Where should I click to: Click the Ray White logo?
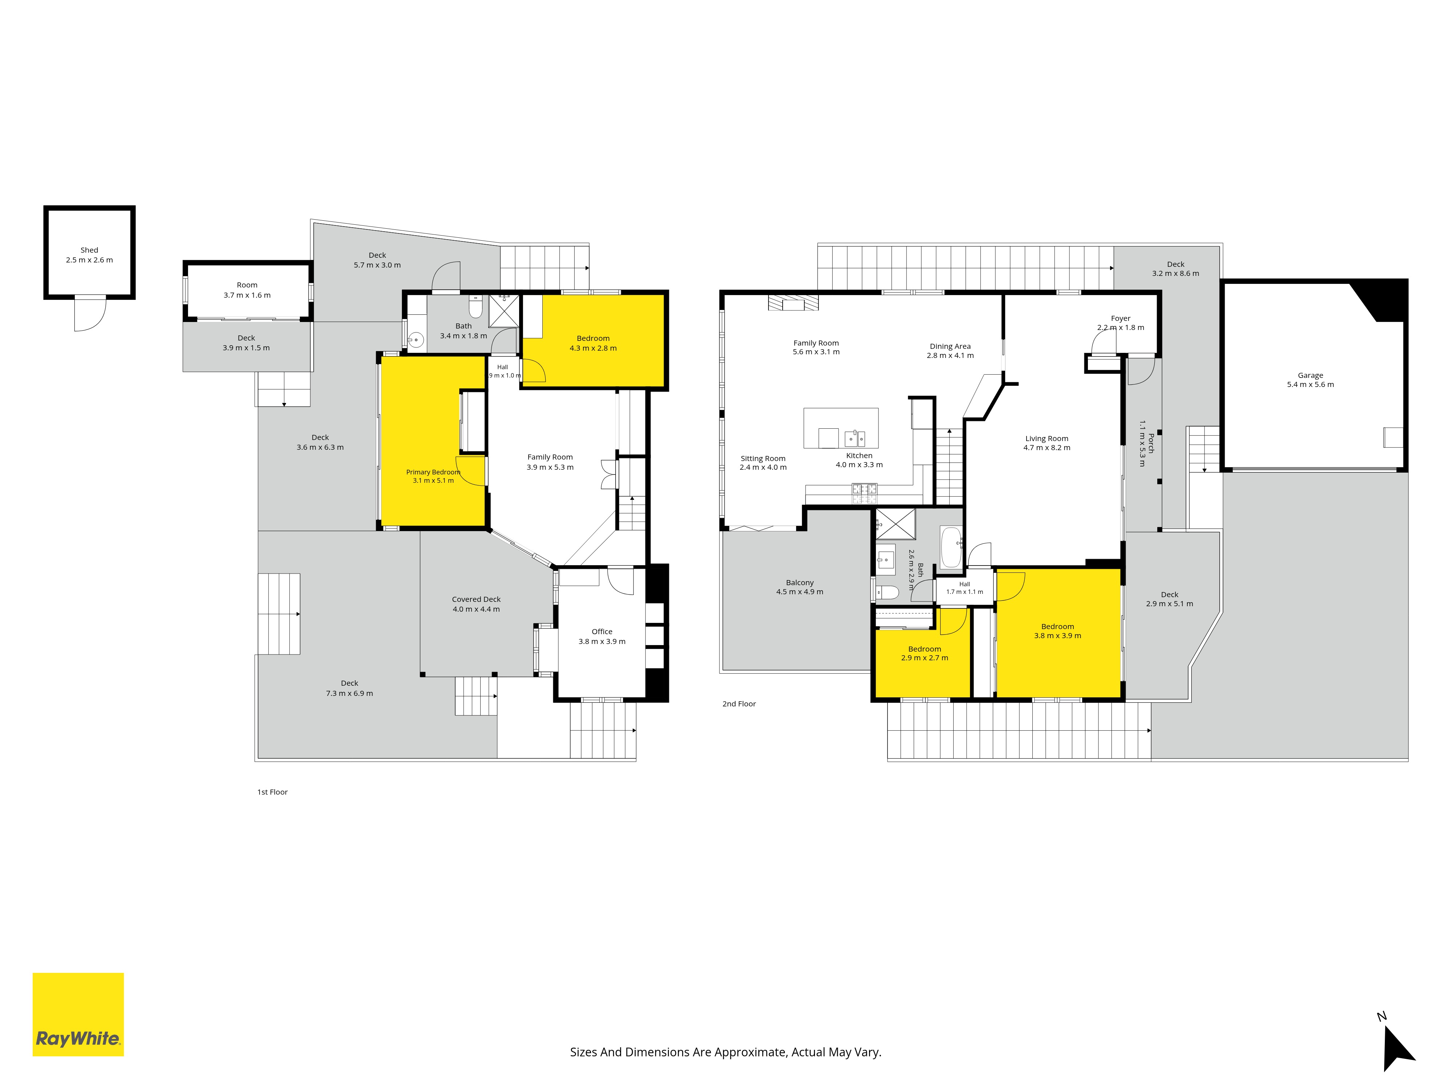78,1014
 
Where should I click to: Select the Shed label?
89,250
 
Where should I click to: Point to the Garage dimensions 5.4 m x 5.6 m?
1310,385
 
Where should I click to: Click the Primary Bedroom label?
433,472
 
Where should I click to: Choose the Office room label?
602,632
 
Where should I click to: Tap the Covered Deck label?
476,599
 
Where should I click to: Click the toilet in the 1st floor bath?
476,307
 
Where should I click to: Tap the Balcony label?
800,583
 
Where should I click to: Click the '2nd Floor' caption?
739,704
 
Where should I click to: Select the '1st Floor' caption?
272,792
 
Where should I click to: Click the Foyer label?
1121,318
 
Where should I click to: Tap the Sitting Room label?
763,459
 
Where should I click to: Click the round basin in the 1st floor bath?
415,340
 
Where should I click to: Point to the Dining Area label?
950,347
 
